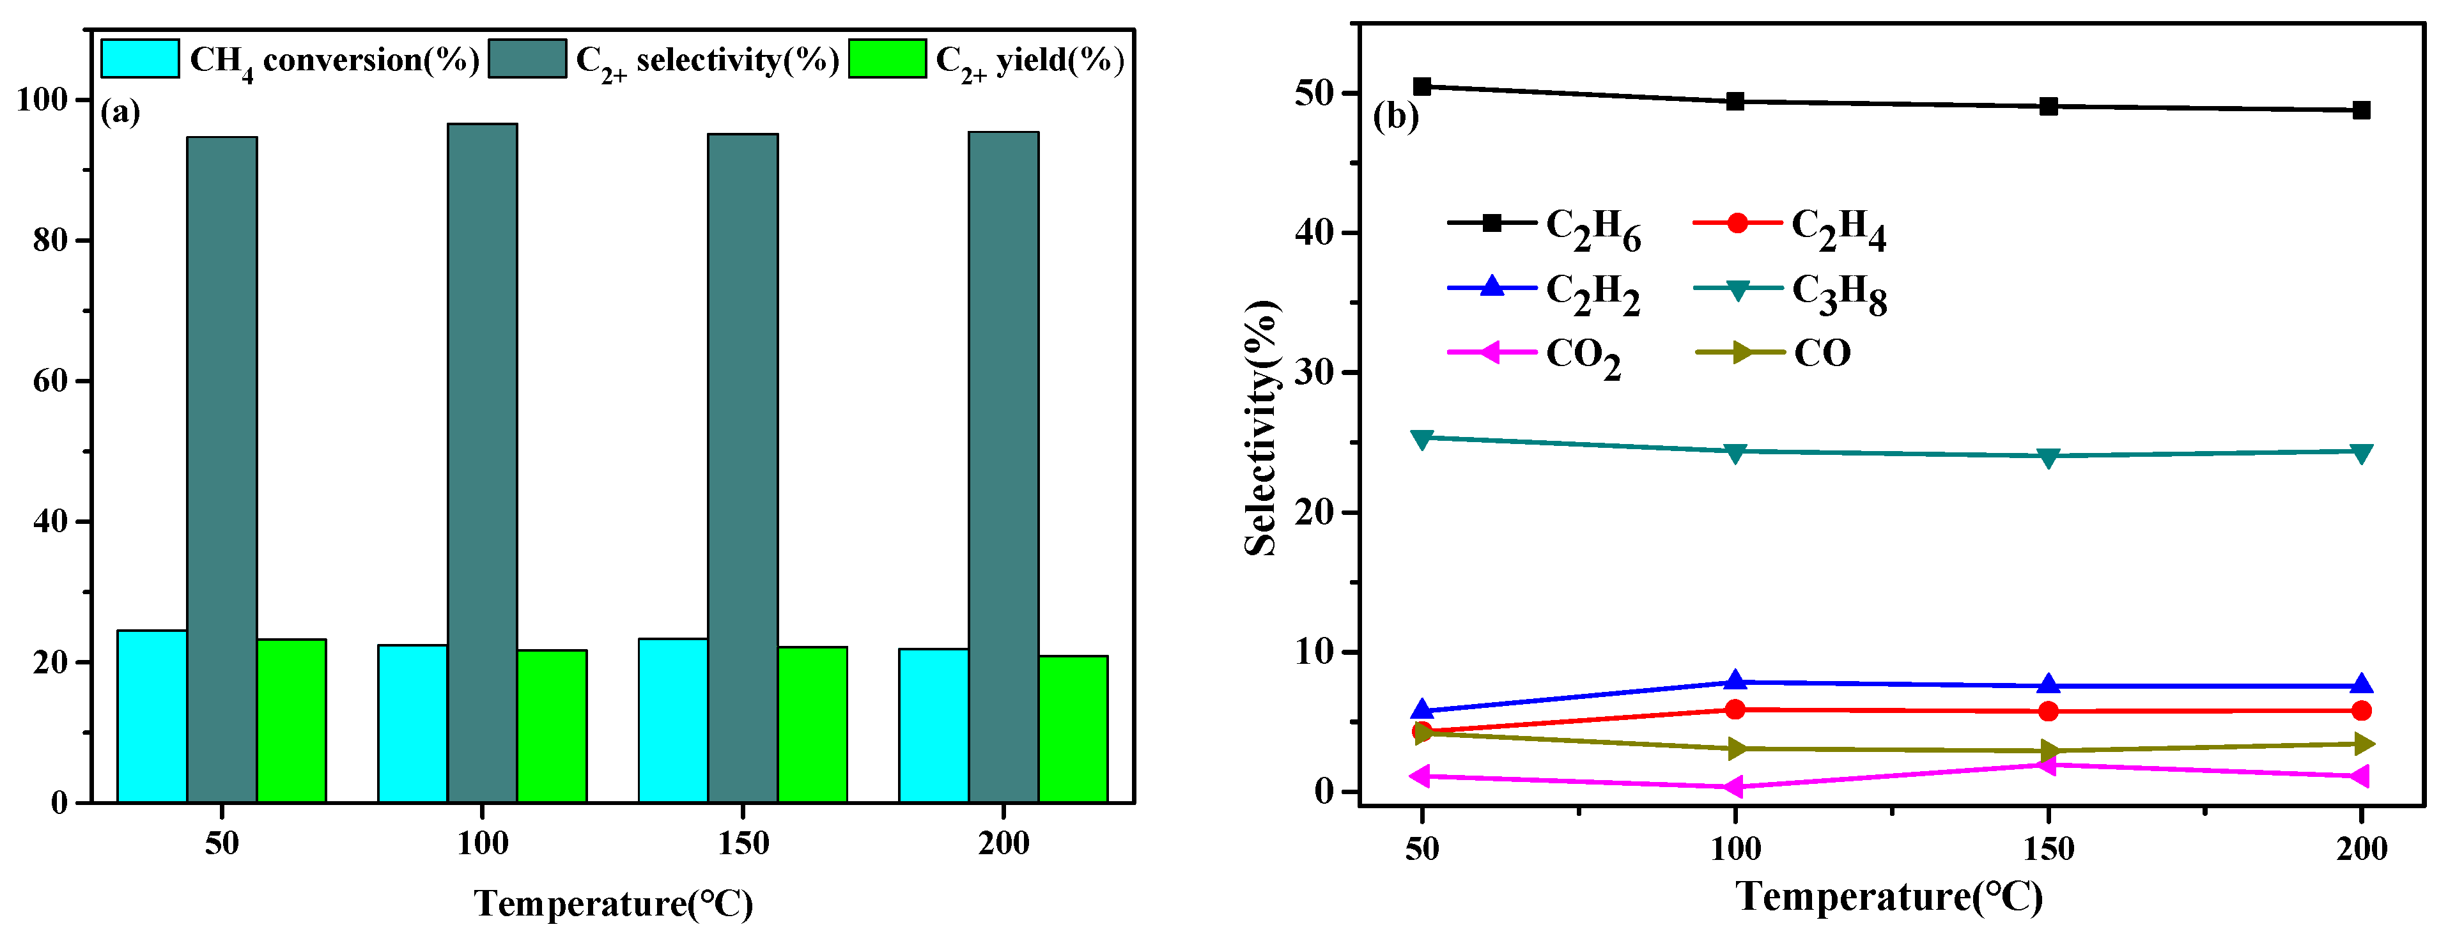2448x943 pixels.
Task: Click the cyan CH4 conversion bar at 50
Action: (x=152, y=716)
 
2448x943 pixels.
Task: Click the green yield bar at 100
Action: (x=552, y=726)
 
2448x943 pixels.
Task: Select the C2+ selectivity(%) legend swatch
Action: (x=527, y=59)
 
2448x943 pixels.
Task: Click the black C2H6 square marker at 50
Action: (x=1422, y=86)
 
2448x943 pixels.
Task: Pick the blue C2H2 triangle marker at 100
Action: (x=1735, y=681)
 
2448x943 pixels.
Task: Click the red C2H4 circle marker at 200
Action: (x=2360, y=710)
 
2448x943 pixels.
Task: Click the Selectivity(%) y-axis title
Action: (x=1262, y=427)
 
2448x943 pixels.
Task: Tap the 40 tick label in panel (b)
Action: (x=1315, y=233)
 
